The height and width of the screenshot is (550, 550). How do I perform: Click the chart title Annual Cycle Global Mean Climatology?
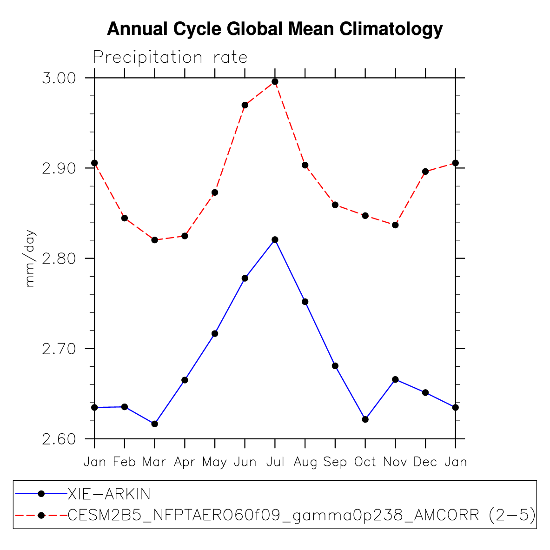275,29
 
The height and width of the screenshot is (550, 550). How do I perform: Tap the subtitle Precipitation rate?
170,58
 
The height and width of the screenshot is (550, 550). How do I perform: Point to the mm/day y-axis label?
30,258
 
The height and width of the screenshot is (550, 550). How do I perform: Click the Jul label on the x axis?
275,462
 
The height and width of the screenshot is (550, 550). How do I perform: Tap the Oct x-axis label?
365,462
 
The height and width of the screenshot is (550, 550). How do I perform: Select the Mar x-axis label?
154,462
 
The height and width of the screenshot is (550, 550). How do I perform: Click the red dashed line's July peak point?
275,82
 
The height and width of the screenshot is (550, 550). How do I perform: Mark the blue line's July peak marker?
275,239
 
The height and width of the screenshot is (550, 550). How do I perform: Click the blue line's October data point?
365,419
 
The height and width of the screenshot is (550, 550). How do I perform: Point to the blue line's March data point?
154,424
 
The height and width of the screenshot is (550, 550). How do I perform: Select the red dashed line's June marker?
245,105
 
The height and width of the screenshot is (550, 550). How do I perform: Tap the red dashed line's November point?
395,225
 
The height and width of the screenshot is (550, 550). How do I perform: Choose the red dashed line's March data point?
154,240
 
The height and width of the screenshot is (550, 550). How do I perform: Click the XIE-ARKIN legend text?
109,494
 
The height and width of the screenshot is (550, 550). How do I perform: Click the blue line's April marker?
185,380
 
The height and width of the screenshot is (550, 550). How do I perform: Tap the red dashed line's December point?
425,172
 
